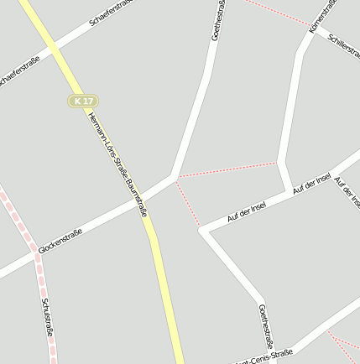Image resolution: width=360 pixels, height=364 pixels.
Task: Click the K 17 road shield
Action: (81, 101)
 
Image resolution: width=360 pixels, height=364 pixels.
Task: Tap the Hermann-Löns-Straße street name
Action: (106, 142)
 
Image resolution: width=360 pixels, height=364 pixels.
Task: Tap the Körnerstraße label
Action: (323, 17)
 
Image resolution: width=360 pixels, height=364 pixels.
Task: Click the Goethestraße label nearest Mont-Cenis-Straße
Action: (266, 325)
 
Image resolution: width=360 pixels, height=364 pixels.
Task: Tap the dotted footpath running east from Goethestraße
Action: (227, 169)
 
